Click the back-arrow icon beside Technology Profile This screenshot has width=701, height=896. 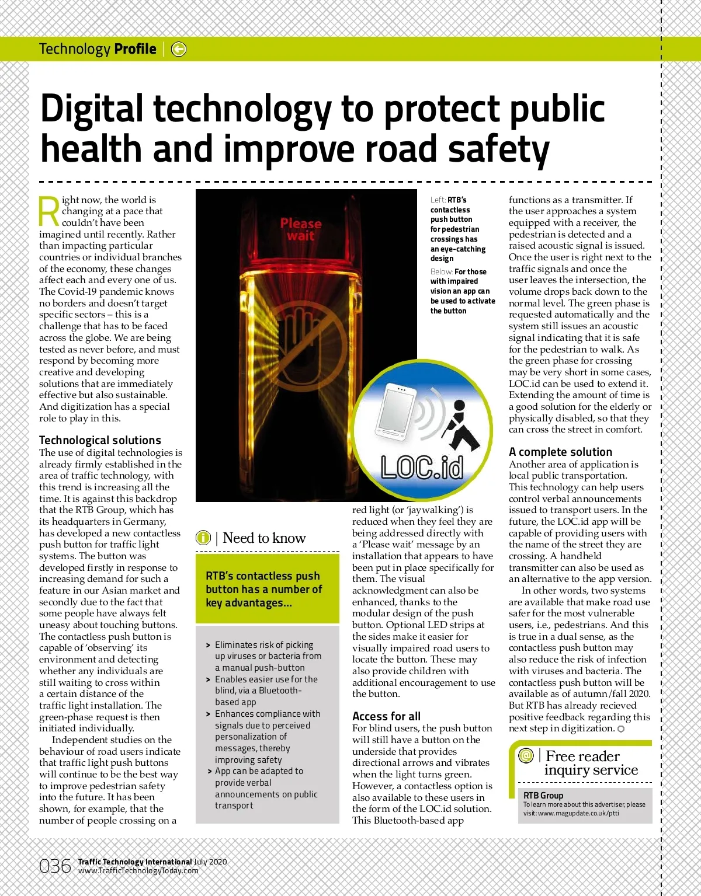coord(179,50)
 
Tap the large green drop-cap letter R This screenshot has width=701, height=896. coord(49,211)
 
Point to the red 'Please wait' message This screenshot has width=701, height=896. coord(301,229)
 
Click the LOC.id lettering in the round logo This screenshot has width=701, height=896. coord(422,467)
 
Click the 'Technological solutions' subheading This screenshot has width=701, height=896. coord(100,441)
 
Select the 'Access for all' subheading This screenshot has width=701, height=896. coord(386,716)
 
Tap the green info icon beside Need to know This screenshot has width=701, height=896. coord(203,538)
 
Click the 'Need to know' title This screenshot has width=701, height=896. coord(264,538)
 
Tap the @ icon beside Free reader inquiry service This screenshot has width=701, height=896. coord(526,755)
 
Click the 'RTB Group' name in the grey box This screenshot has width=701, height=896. coord(543,795)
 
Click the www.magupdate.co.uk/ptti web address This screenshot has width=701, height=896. coord(578,813)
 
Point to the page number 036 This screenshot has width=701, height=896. coord(55,866)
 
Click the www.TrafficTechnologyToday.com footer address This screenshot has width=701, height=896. coord(138,870)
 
